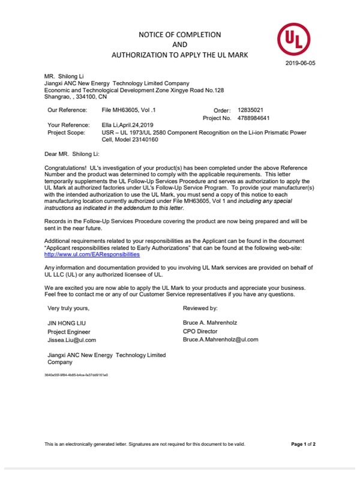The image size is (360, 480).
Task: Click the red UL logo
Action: pos(293,40)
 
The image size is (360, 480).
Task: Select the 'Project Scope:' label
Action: pos(65,132)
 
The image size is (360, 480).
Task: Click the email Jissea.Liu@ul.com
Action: pos(71,340)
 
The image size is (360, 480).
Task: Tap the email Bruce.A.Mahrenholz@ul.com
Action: pos(220,340)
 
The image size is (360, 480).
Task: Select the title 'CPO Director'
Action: pos(200,331)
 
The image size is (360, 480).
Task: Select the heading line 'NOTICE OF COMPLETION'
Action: pos(180,35)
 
